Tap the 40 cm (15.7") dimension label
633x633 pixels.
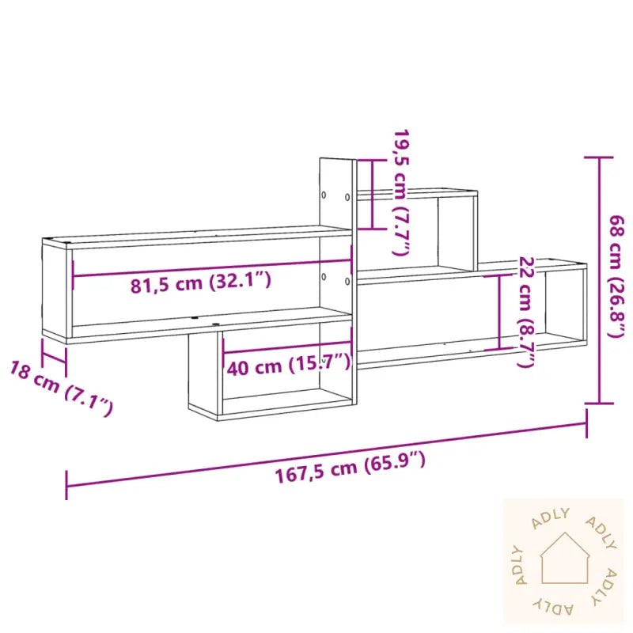point(287,366)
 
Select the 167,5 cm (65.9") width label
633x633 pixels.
point(350,467)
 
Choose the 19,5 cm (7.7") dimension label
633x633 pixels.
point(402,192)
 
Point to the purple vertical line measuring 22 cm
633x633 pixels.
point(499,310)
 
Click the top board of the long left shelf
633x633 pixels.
point(198,233)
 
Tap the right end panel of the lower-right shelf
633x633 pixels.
point(584,305)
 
